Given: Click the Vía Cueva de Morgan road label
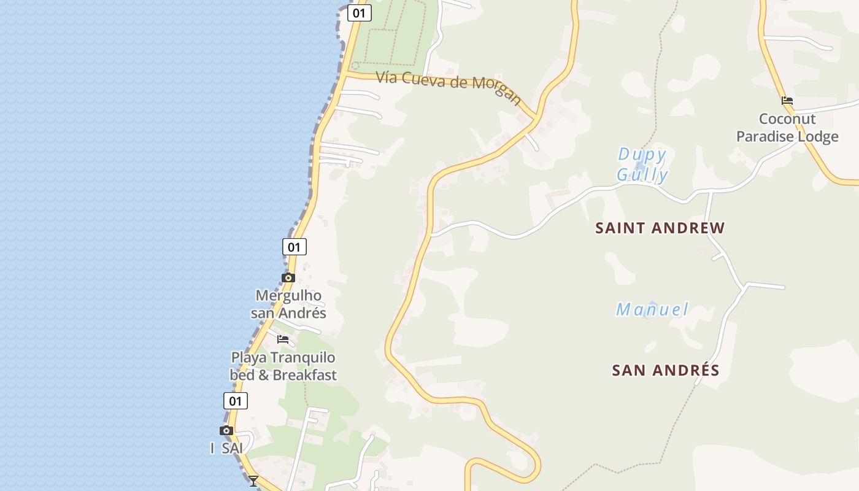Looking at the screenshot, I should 449,87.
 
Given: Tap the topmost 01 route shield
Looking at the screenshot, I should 359,13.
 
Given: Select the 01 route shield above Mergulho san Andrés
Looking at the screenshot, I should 295,247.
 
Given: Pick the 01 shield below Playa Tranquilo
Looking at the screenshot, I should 235,401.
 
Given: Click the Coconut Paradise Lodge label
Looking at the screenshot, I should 787,128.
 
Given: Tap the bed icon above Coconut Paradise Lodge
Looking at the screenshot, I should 787,101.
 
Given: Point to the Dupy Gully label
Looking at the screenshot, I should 642,164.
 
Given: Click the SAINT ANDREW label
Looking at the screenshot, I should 660,228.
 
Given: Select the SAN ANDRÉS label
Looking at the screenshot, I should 666,371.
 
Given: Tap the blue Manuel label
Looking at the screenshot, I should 653,309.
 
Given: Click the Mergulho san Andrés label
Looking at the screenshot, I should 288,304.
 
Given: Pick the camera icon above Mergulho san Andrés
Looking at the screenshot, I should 288,277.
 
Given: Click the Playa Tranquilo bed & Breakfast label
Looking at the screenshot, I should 283,366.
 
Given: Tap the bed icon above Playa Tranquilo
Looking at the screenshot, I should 283,339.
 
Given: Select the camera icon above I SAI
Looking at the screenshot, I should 226,430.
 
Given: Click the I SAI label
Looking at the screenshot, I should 227,449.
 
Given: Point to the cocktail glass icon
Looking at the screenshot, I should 253,481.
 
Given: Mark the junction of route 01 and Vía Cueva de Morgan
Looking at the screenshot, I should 345,74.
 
